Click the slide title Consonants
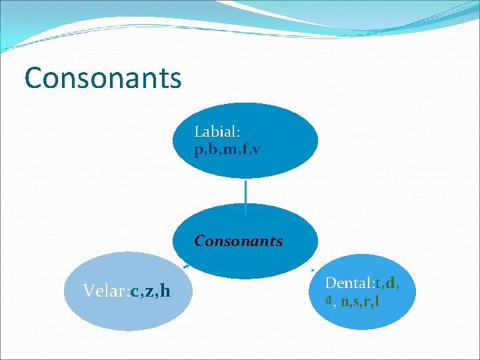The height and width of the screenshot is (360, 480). [103, 77]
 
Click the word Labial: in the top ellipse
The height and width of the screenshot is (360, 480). [217, 133]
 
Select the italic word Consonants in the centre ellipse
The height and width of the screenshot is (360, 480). [239, 241]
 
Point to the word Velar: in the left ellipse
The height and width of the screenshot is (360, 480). [107, 291]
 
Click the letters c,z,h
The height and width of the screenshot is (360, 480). [151, 291]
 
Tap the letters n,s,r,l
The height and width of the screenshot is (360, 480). [360, 301]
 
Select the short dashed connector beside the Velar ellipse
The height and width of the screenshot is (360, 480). [188, 266]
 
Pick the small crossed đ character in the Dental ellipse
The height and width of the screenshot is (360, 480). [329, 301]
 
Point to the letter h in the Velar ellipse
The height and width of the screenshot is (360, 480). [165, 291]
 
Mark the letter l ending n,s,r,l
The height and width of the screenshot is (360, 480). [378, 301]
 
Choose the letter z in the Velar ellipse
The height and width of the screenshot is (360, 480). [150, 291]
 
